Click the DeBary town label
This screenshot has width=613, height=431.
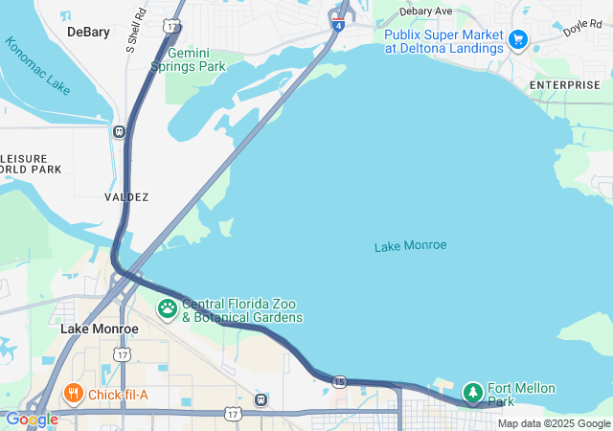88,32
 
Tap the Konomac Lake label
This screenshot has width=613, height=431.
37,66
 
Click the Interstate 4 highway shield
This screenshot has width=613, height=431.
339,25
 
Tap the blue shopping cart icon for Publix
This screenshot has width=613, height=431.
518,39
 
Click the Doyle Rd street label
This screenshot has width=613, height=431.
581,27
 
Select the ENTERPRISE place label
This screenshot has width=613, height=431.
565,85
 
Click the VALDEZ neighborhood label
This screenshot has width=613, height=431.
126,196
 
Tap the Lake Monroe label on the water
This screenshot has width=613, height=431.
410,246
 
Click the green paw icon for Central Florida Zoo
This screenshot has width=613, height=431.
168,309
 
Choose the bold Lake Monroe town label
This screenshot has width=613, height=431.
99,329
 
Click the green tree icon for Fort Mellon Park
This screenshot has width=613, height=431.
473,392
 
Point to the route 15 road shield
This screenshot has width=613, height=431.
339,382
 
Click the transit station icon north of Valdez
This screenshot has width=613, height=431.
119,132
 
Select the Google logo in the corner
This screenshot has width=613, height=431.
31,420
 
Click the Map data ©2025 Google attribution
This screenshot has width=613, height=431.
554,423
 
